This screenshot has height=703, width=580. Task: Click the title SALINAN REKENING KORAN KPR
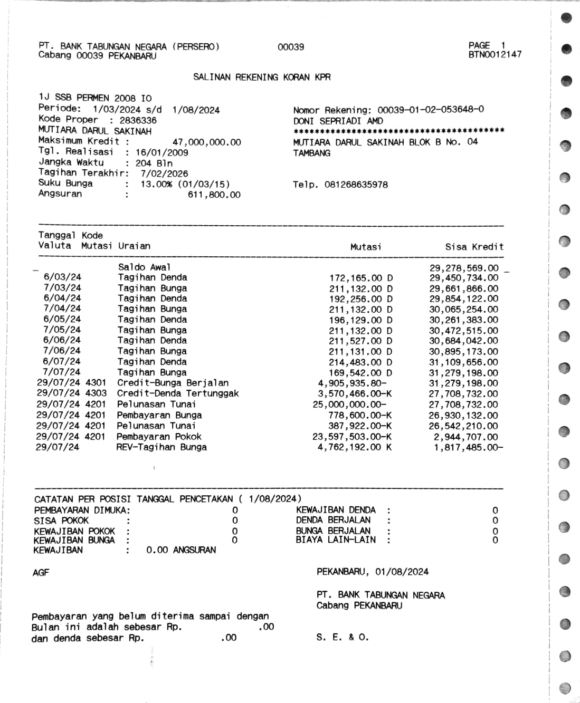coord(262,77)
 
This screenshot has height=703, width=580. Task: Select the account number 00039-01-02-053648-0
coord(431,110)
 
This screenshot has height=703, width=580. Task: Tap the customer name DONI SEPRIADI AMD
coord(338,121)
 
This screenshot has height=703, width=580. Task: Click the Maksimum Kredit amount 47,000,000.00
coord(206,142)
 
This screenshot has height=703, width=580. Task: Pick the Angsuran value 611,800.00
coord(214,195)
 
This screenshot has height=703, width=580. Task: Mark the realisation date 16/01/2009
coord(161,152)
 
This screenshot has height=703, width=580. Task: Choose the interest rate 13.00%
coord(156,184)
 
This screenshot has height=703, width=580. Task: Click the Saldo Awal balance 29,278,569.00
coord(463,268)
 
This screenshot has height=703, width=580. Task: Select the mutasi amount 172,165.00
coord(355,278)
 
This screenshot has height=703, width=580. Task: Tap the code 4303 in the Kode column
coord(96,393)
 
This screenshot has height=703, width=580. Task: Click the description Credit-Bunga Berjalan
coord(173,383)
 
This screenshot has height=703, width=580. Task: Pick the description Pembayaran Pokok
coord(159,437)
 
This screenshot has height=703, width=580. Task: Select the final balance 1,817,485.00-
coord(468,447)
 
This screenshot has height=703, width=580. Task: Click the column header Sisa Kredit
coord(474,247)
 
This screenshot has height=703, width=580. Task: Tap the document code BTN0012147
coord(495,54)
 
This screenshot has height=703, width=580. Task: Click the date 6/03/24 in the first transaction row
coord(62,277)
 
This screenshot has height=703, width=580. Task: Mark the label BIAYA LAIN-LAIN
coord(336,540)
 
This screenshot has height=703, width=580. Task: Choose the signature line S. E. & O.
coord(343,637)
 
